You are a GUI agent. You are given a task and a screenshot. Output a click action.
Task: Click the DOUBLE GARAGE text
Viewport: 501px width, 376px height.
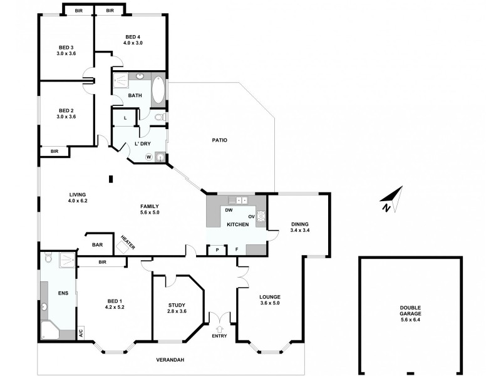411,310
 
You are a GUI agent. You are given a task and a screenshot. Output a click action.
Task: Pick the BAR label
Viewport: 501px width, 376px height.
98,244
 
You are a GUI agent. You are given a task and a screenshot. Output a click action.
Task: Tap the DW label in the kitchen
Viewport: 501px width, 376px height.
229,210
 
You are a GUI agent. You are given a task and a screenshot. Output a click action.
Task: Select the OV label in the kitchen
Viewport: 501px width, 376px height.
250,217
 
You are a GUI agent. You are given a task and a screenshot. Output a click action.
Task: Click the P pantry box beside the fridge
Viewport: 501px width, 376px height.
217,249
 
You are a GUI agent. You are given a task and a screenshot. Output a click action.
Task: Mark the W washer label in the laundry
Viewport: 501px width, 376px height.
148,157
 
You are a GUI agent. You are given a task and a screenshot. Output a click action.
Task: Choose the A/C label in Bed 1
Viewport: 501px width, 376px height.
80,333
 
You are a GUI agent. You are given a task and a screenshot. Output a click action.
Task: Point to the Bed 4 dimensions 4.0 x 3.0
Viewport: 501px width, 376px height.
133,43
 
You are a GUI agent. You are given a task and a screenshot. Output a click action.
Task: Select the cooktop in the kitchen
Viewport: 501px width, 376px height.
261,217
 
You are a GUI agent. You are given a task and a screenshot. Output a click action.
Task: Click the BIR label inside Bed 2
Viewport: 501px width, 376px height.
54,151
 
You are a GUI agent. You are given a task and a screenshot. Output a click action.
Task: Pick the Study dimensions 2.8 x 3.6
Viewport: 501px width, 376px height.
177,311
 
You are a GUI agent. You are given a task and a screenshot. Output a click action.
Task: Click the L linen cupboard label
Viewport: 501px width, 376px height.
125,117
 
